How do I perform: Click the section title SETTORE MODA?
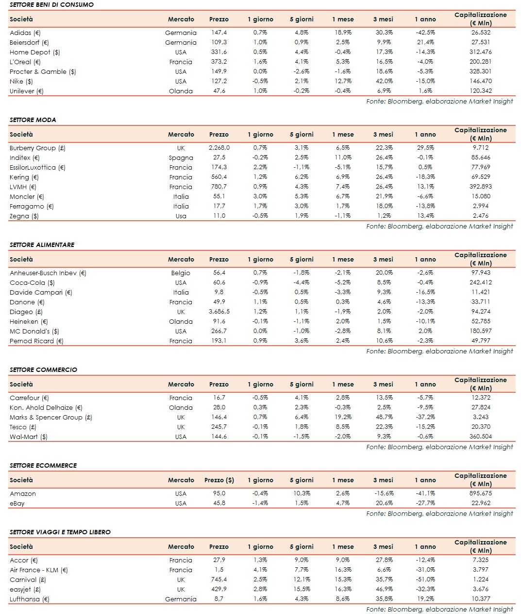coord(33,120)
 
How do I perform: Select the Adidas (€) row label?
coord(25,33)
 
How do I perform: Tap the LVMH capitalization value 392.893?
coord(480,187)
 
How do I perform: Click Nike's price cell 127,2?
coord(219,81)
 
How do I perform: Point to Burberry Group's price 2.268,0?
coord(219,148)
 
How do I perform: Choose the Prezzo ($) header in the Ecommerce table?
coord(219,480)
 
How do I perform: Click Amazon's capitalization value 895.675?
coord(480,493)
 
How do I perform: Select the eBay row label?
coord(17,503)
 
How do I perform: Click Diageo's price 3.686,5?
coord(219,312)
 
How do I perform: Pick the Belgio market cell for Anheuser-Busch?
coord(181,273)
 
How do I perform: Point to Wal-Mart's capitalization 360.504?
coord(480,437)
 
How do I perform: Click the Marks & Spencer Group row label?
coord(51,417)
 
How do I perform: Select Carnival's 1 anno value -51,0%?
coord(425,579)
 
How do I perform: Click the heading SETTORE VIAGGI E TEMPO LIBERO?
coord(60,532)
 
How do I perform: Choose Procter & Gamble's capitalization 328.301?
coord(480,71)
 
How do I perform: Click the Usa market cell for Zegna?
coord(181,216)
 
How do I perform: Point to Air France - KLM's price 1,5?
coord(219,570)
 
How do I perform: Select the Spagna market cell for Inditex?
coord(181,158)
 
